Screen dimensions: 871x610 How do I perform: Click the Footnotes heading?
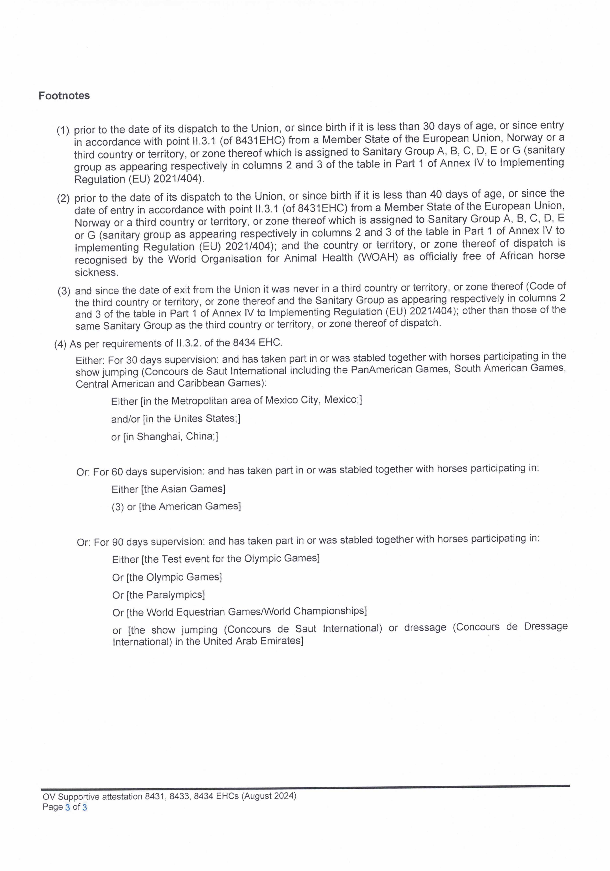[64, 96]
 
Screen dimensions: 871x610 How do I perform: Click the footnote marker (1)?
[63, 130]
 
